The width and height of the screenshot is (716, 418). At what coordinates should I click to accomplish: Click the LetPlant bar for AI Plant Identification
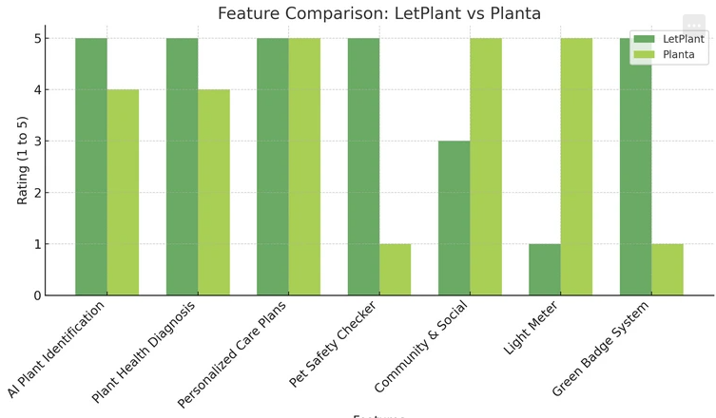[x=91, y=166]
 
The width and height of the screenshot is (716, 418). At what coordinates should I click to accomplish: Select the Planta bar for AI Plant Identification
[x=123, y=192]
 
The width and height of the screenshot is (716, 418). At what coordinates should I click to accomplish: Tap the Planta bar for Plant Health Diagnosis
[x=214, y=192]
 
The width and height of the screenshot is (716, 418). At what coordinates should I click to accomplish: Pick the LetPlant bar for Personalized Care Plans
[x=273, y=166]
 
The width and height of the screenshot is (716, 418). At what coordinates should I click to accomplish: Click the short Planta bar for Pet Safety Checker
[x=396, y=269]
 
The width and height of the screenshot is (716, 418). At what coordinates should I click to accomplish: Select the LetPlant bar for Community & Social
[x=455, y=218]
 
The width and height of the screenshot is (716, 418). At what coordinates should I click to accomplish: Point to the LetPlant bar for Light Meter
[x=545, y=269]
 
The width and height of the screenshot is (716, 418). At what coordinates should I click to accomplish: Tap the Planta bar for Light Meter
[x=576, y=166]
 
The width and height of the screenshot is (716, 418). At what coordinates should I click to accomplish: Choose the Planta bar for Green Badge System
[x=668, y=269]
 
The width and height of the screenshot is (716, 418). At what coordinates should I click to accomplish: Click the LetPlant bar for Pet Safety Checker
[x=363, y=166]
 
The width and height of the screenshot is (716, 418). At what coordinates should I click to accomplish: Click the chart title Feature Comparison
[x=378, y=13]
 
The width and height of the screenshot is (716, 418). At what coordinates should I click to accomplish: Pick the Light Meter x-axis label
[x=532, y=329]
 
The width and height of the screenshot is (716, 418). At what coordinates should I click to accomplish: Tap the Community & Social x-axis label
[x=421, y=346]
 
